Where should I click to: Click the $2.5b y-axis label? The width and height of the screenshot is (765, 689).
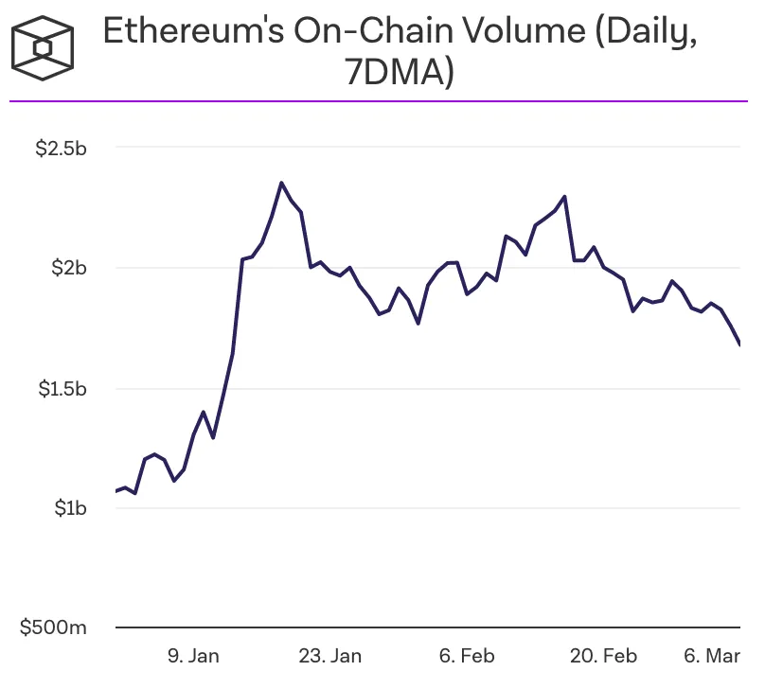click(61, 149)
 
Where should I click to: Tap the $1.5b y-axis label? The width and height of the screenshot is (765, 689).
click(61, 388)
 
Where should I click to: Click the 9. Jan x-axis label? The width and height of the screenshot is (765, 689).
click(193, 655)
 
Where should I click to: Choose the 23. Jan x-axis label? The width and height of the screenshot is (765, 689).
click(330, 655)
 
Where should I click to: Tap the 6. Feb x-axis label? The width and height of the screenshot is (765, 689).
click(468, 655)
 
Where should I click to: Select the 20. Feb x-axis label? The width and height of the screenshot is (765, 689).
click(605, 655)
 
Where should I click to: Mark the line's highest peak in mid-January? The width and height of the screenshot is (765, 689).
click(281, 183)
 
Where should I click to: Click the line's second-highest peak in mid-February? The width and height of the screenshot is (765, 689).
click(565, 197)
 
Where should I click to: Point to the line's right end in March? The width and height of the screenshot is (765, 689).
click(738, 344)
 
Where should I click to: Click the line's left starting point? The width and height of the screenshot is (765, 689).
click(116, 491)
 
